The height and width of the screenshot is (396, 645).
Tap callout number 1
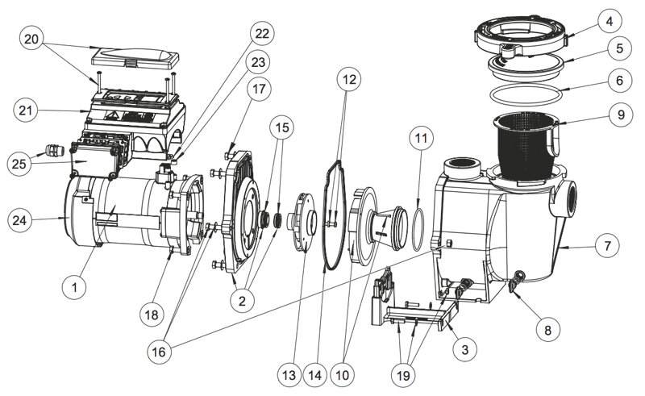click(x=74, y=285)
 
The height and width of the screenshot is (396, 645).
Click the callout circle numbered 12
click(x=347, y=80)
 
